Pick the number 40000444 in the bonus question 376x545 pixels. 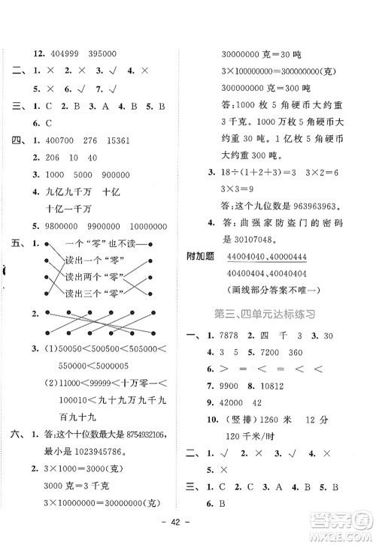click(x=305, y=257)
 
